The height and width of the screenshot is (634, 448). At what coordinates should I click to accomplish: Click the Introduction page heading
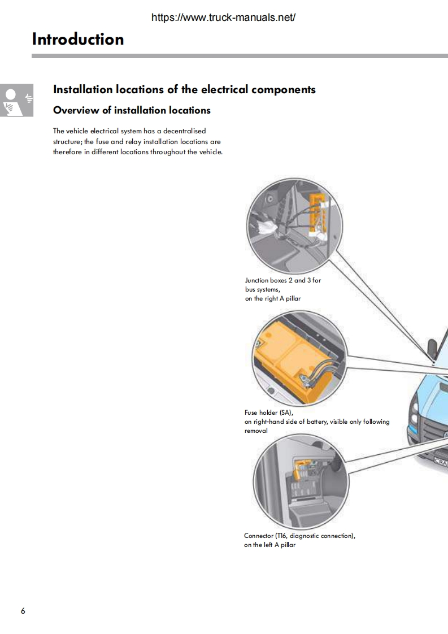point(78,39)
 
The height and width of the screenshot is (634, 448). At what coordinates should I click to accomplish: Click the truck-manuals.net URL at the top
point(224,18)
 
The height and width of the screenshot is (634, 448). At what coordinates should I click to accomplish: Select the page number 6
point(23,611)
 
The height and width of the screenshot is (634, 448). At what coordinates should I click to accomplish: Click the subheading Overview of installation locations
point(132,110)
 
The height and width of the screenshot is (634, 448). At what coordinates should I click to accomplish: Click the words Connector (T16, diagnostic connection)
point(299,536)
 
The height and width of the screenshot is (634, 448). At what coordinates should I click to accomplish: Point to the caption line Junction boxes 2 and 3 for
point(282,280)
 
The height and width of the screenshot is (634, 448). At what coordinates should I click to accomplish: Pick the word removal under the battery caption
point(256,431)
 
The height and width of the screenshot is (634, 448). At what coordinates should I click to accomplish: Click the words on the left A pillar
point(269,545)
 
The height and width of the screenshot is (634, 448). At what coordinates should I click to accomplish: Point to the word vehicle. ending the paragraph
point(210,152)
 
